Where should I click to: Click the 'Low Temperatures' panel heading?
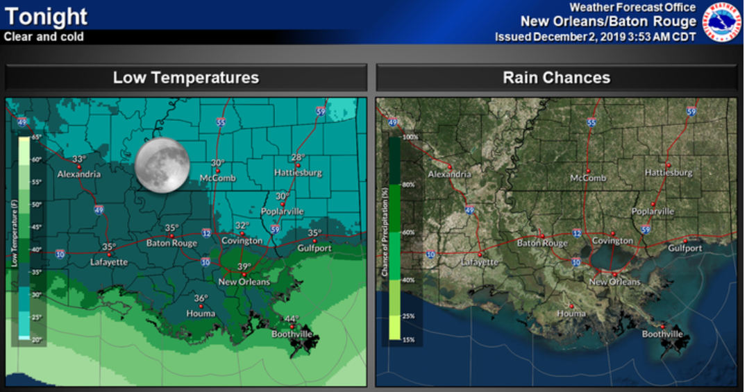click(x=186, y=78)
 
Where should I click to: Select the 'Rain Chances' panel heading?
click(x=556, y=78)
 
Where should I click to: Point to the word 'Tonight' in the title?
click(x=46, y=16)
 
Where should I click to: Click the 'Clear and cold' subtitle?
click(x=44, y=37)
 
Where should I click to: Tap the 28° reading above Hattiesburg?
click(x=299, y=157)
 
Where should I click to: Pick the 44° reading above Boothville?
click(x=292, y=319)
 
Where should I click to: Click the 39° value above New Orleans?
click(x=244, y=267)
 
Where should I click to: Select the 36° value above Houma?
click(x=201, y=299)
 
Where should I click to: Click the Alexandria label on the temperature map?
click(x=78, y=174)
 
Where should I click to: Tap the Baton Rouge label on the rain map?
click(x=542, y=244)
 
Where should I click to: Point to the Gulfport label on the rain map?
click(x=685, y=248)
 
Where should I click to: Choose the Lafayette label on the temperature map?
click(x=109, y=262)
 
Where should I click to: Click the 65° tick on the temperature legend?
click(x=36, y=137)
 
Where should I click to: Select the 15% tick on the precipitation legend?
click(x=409, y=339)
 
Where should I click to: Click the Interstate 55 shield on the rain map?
click(x=591, y=123)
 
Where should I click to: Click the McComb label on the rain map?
click(x=588, y=178)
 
